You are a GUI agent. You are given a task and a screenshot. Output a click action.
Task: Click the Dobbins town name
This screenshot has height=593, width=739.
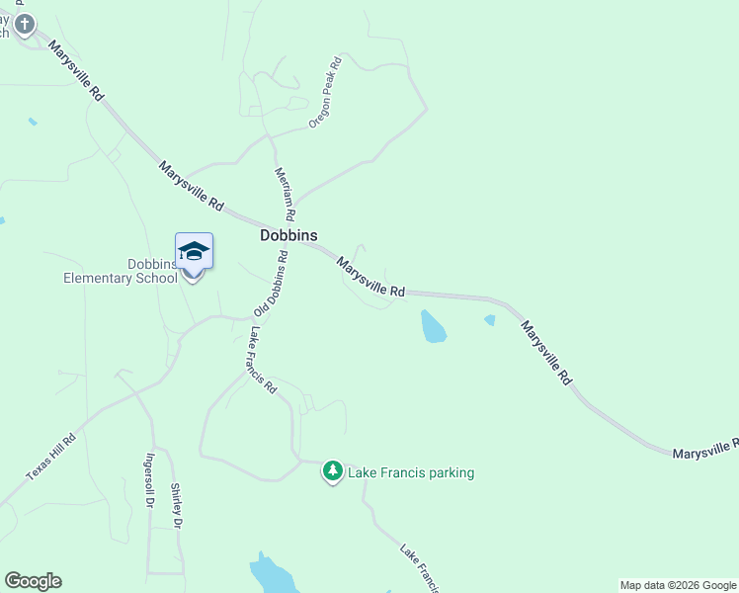click(x=287, y=235)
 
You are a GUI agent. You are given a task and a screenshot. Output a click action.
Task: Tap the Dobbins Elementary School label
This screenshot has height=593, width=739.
click(x=121, y=271)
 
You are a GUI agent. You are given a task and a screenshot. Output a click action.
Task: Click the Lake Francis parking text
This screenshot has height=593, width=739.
click(x=411, y=472)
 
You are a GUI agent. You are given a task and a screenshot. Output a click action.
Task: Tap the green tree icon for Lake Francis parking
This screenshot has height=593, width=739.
click(x=334, y=471)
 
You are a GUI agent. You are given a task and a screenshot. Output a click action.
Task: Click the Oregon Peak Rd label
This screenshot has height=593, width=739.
click(x=325, y=92)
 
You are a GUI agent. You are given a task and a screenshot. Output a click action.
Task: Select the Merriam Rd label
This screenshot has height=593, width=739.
click(x=285, y=193)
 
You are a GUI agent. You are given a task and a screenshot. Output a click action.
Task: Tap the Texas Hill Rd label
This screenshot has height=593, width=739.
click(x=50, y=458)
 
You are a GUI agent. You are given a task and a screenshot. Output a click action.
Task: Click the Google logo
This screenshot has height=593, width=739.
click(x=33, y=581)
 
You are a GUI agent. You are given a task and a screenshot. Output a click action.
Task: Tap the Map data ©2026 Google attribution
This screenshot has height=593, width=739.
click(x=678, y=585)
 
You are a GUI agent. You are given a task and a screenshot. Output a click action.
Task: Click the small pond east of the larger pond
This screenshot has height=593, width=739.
click(x=490, y=319)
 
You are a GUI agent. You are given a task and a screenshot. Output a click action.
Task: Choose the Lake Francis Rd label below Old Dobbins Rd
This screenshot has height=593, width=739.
click(x=263, y=361)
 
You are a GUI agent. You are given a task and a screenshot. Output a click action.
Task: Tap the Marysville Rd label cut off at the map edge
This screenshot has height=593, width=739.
click(x=704, y=449)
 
